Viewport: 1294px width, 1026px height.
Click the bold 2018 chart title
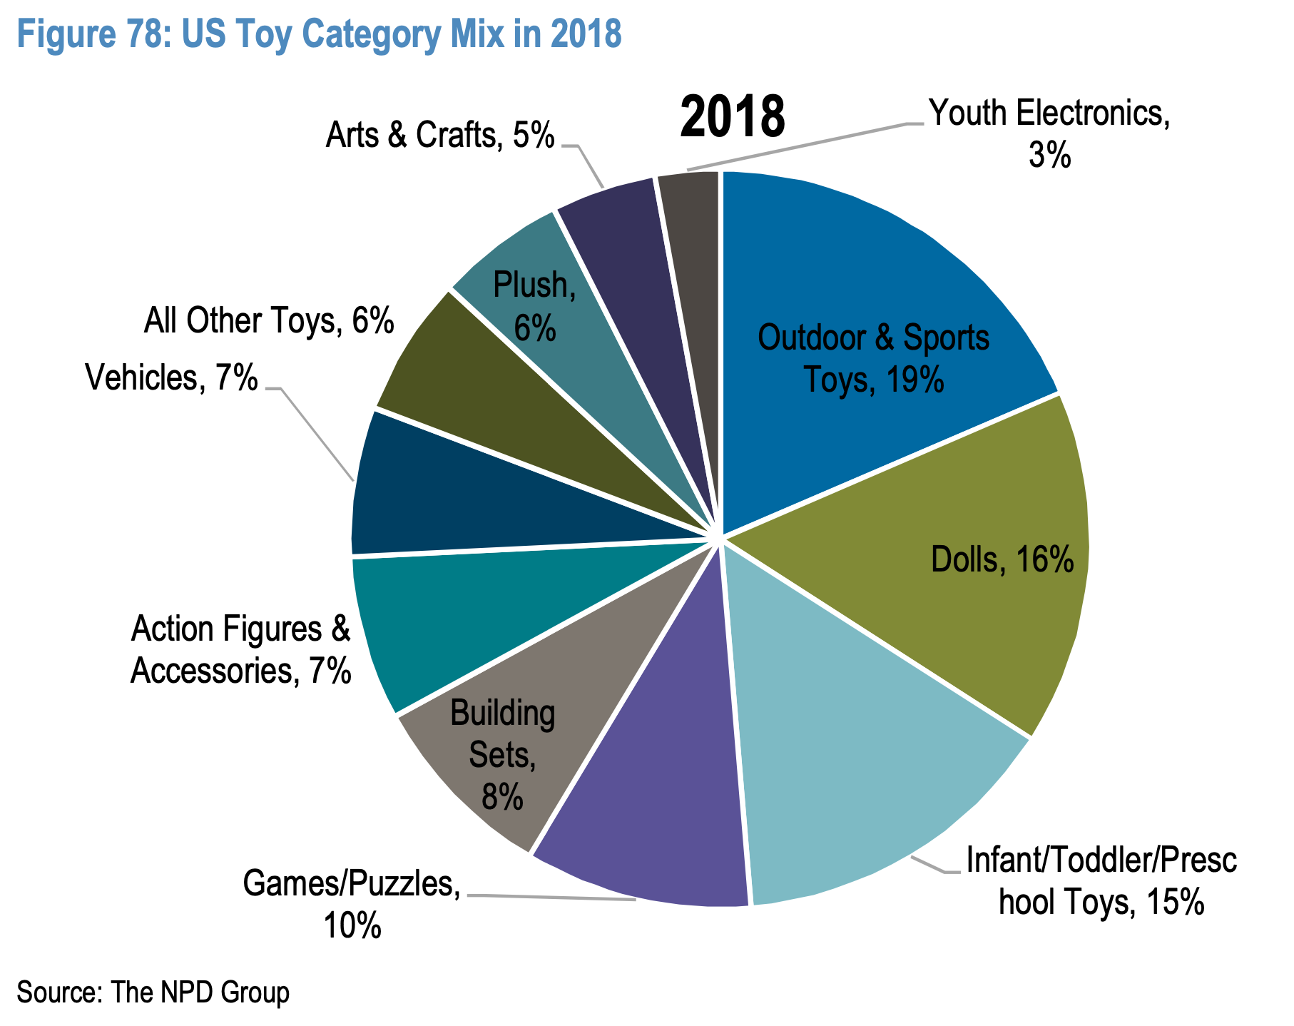tap(732, 117)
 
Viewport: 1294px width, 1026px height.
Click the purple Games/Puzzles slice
tap(656, 799)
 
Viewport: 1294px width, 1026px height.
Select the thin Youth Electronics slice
tap(696, 235)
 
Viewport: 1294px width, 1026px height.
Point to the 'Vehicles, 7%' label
tap(171, 378)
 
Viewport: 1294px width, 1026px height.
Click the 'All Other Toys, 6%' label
tap(268, 321)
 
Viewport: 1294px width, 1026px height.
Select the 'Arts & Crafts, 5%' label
tap(439, 136)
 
